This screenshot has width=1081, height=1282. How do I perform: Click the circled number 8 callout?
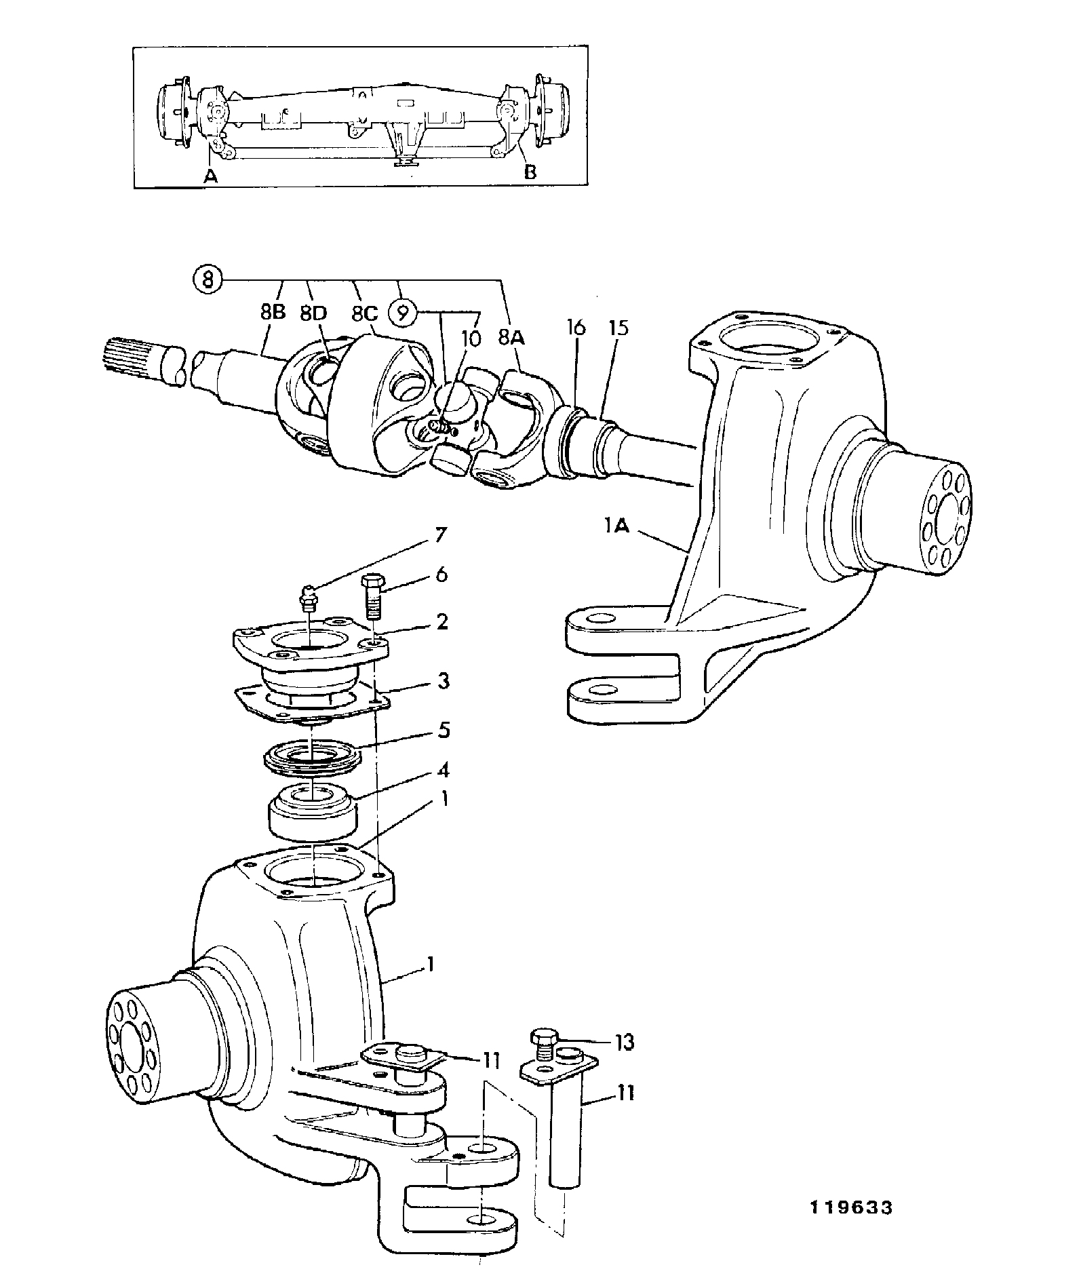tap(208, 279)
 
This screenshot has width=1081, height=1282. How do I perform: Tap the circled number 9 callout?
tap(403, 313)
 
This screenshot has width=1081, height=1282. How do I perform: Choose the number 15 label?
tap(619, 328)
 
